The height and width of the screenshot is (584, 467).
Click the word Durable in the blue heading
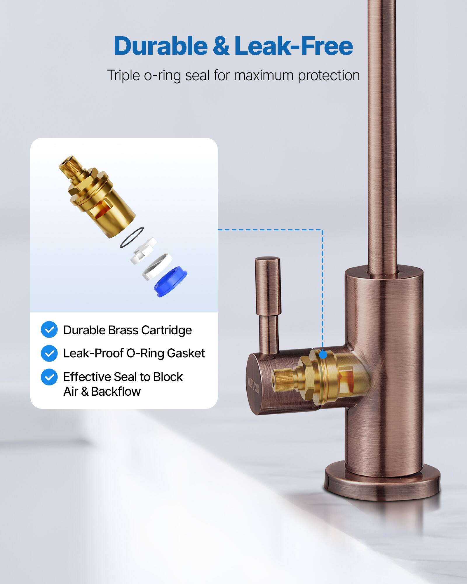pyautogui.click(x=160, y=46)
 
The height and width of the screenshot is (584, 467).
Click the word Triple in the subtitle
pyautogui.click(x=123, y=75)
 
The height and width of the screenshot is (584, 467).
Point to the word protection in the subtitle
pyautogui.click(x=329, y=76)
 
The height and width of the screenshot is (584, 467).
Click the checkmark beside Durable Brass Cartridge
pyautogui.click(x=49, y=330)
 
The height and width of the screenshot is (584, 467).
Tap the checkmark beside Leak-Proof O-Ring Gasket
pyautogui.click(x=49, y=353)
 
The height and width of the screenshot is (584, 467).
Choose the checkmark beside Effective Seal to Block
pyautogui.click(x=49, y=377)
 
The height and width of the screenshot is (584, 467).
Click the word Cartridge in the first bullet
pyautogui.click(x=166, y=330)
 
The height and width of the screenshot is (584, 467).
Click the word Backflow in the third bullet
pyautogui.click(x=116, y=392)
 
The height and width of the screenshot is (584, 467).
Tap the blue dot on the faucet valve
pyautogui.click(x=323, y=355)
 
